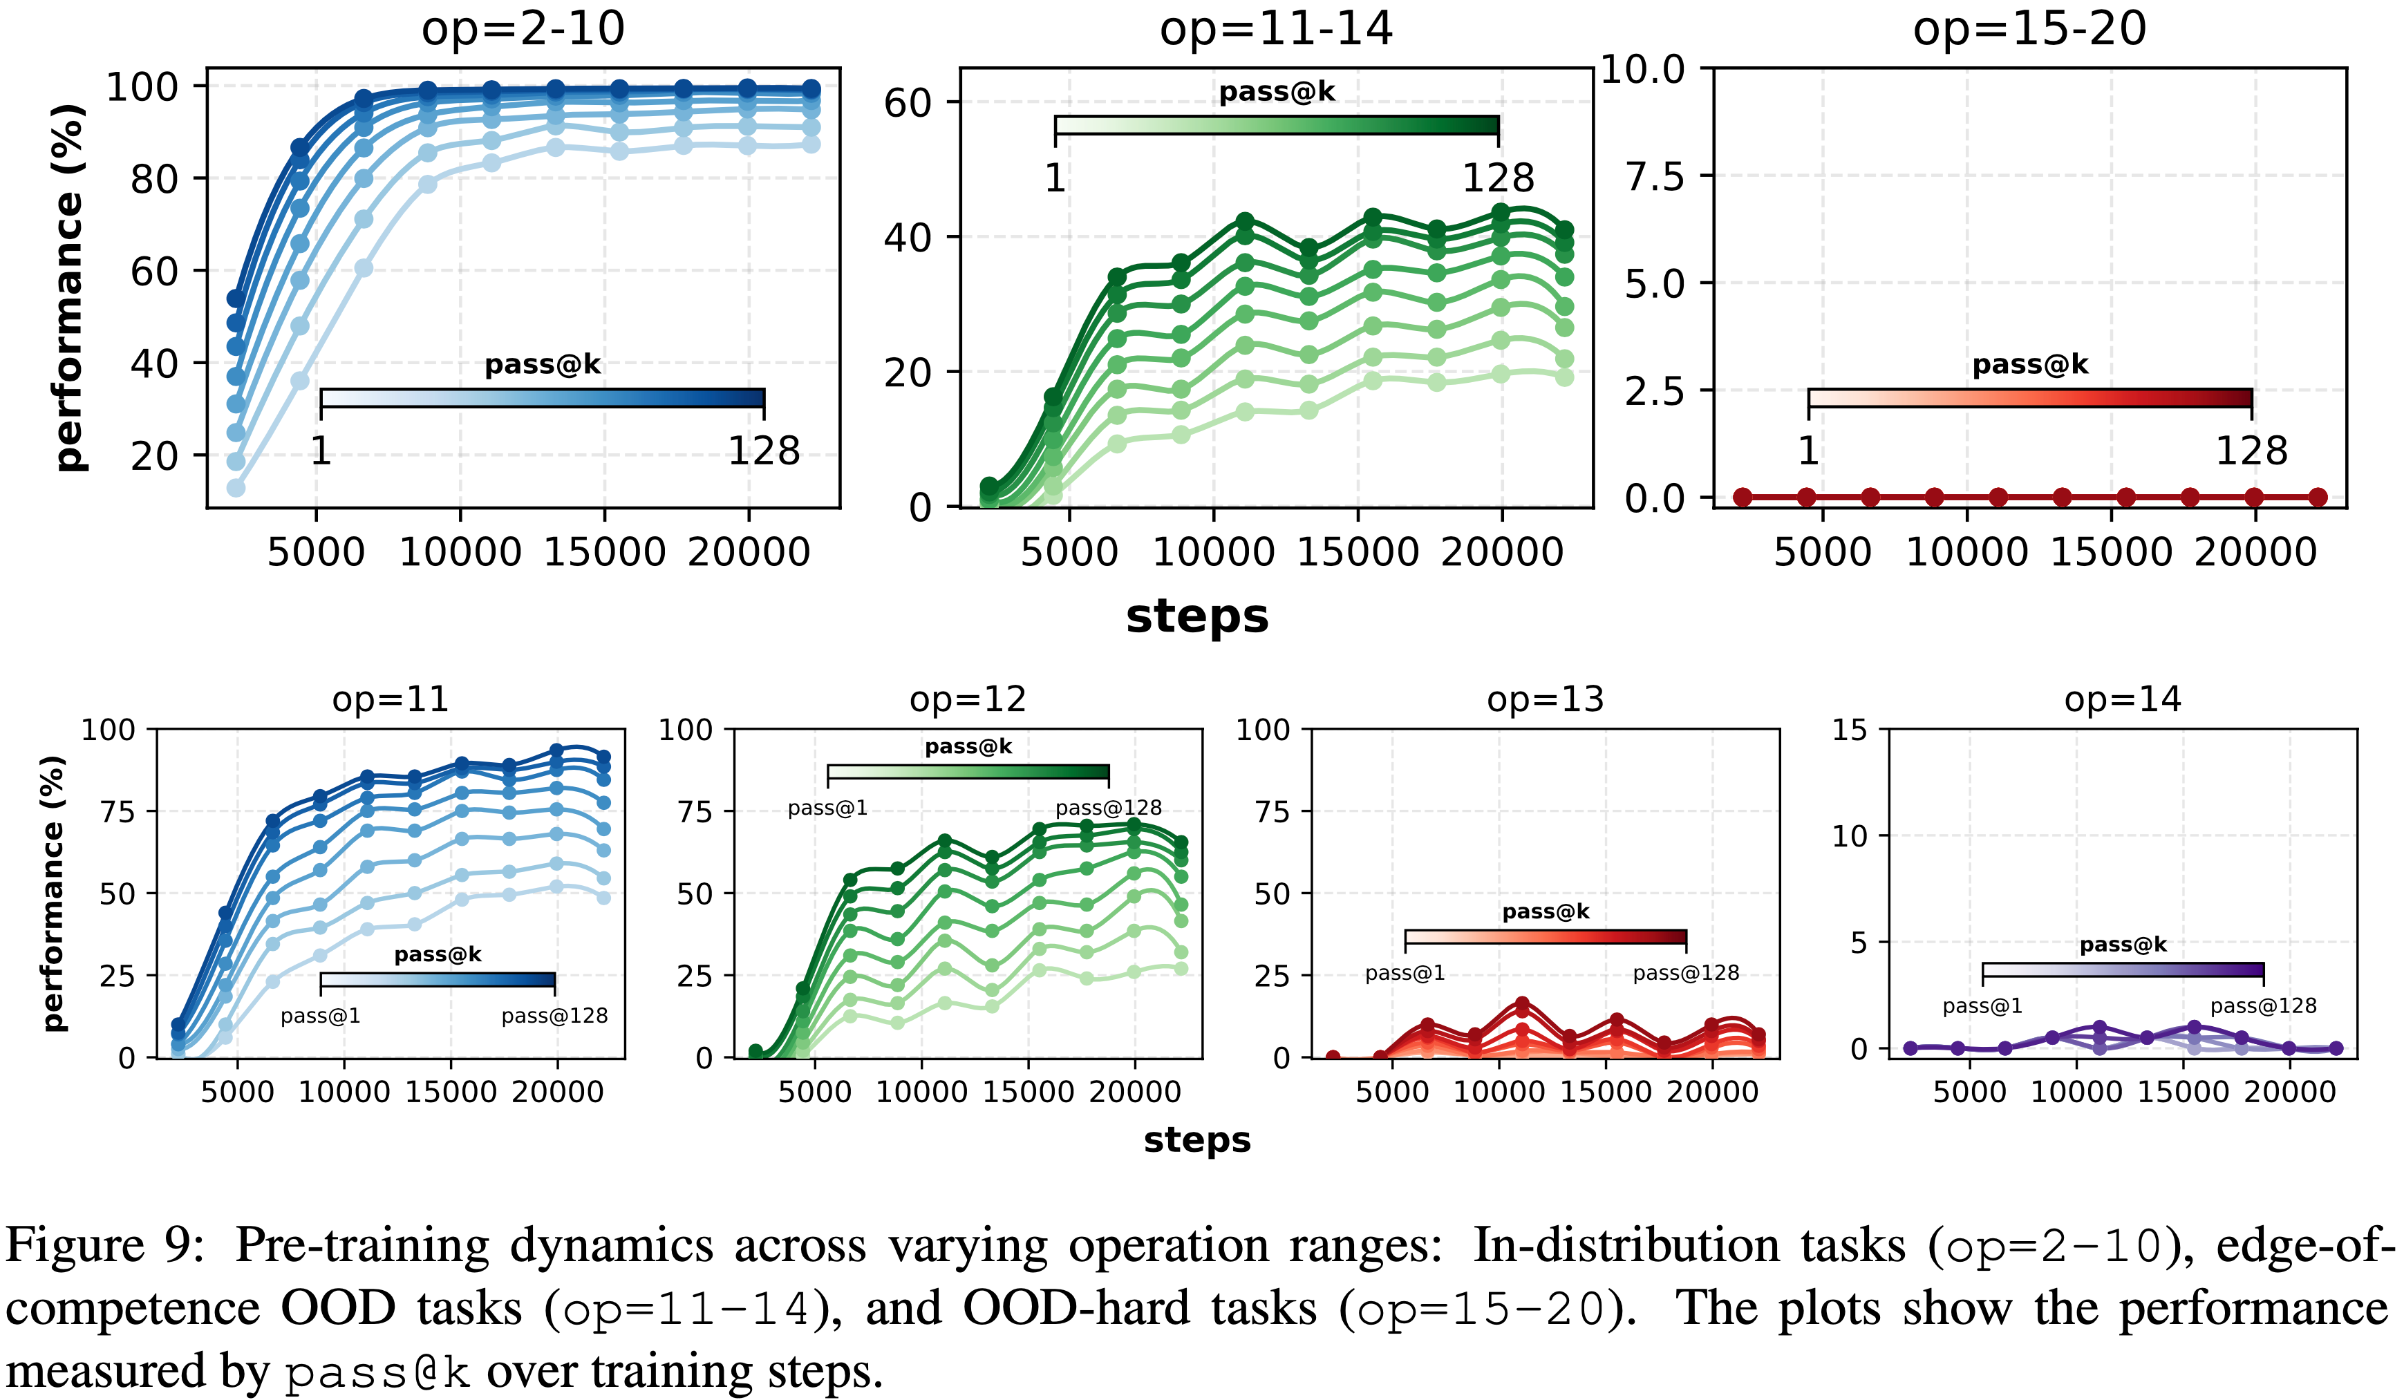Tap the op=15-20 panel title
click(2029, 28)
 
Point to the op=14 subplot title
click(2123, 699)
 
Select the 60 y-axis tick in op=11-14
click(908, 103)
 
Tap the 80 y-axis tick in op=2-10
click(155, 178)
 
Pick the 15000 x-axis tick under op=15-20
click(2111, 552)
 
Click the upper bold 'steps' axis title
click(1196, 616)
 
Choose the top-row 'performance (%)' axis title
click(68, 286)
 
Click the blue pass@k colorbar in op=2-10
click(542, 398)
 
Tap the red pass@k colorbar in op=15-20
click(2029, 398)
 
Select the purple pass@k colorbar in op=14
click(2123, 971)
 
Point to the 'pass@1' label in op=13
click(1405, 973)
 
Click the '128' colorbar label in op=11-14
click(1498, 178)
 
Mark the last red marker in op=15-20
click(2317, 497)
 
